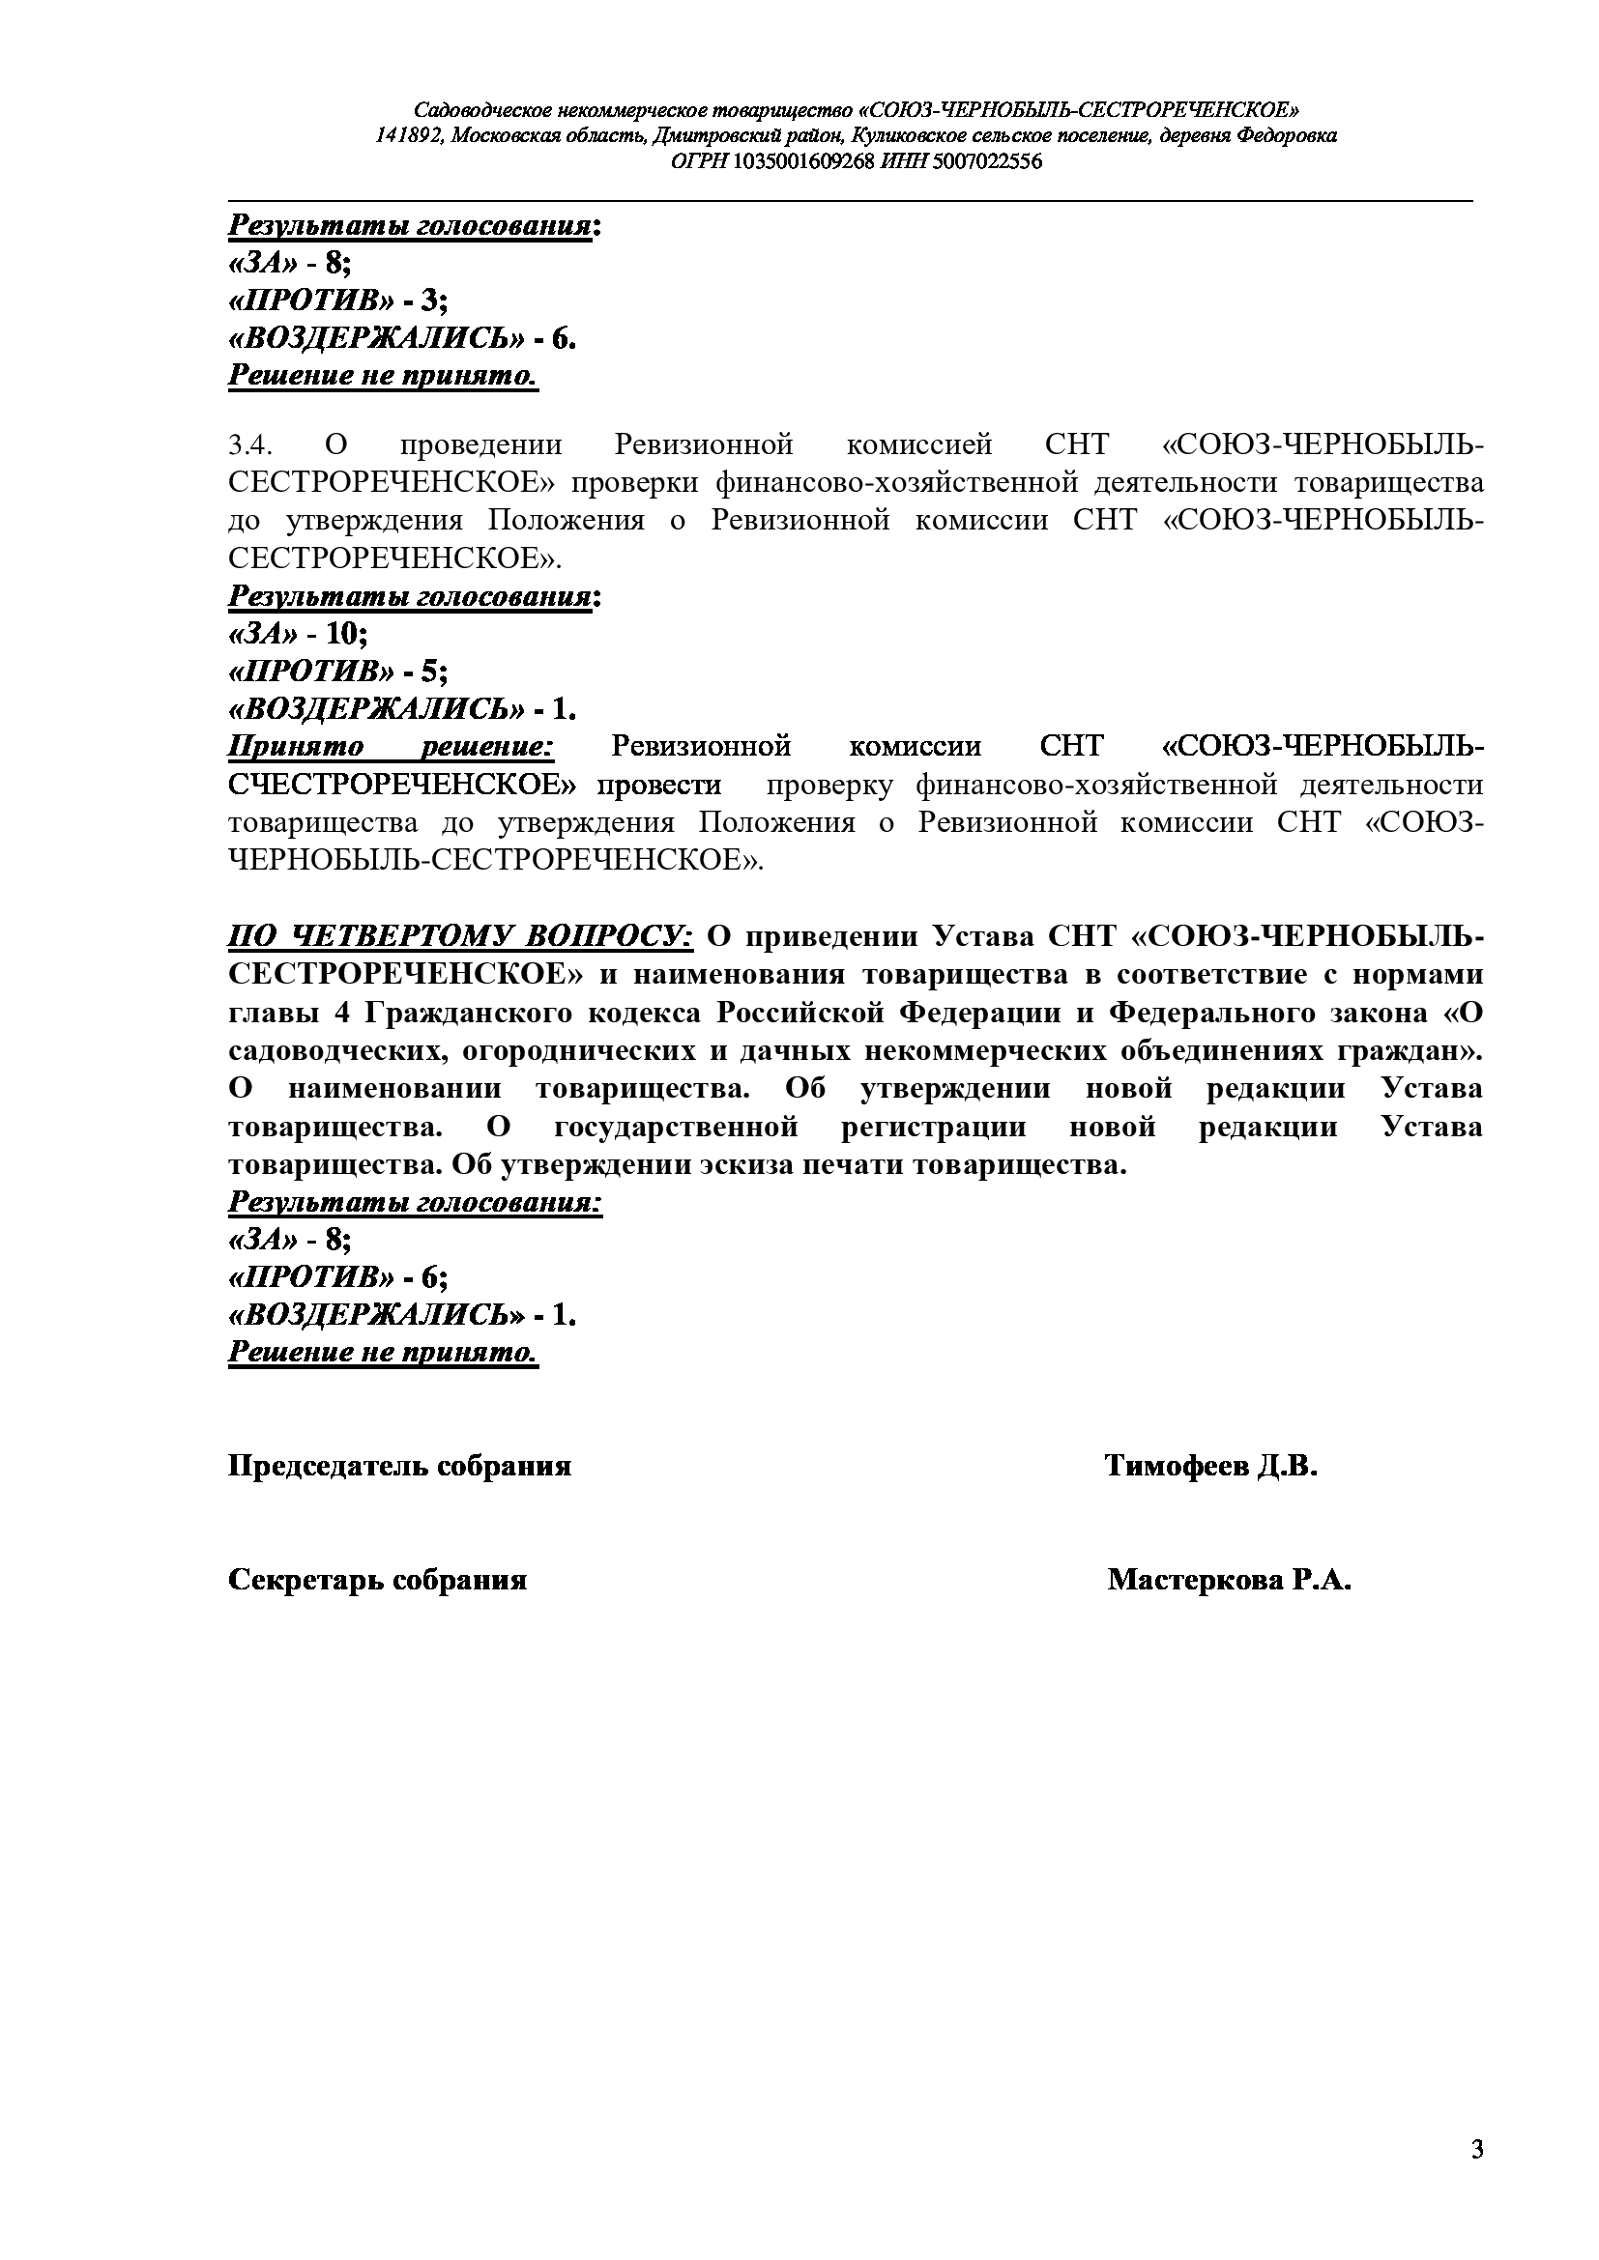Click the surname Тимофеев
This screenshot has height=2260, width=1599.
[1176, 1466]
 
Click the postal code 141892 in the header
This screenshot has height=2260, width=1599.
[408, 136]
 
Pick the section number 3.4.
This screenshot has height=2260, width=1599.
[249, 444]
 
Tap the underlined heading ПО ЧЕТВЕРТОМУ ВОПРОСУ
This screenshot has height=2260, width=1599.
[462, 935]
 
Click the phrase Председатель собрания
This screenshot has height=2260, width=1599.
[400, 1466]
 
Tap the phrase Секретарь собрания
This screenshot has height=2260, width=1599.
[377, 1580]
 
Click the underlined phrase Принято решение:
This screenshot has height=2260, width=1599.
[392, 746]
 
